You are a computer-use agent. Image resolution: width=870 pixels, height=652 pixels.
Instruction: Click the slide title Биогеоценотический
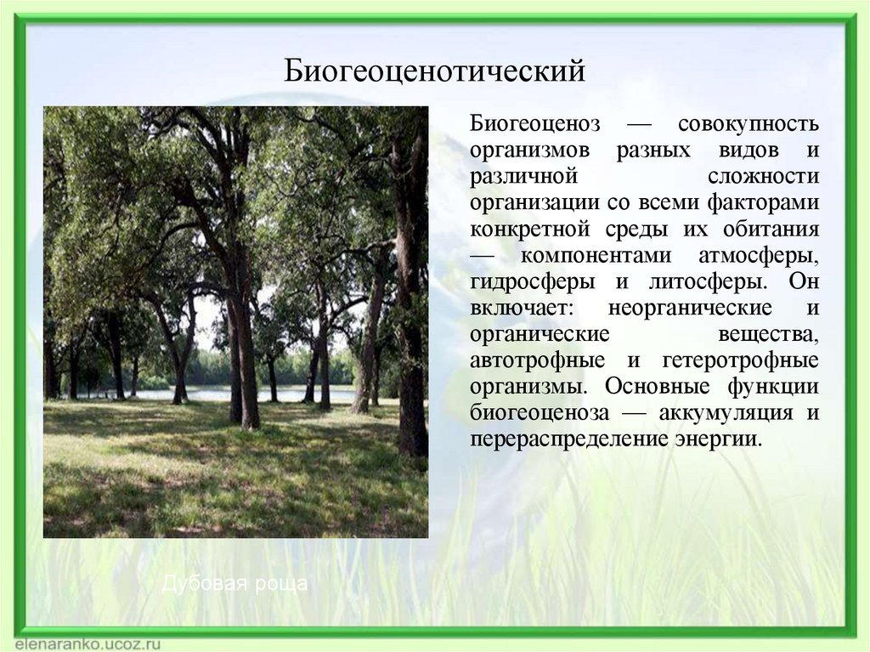click(x=434, y=71)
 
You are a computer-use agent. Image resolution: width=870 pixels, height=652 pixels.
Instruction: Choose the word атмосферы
click(x=759, y=256)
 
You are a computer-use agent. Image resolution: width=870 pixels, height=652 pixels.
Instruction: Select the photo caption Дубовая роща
click(x=234, y=584)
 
